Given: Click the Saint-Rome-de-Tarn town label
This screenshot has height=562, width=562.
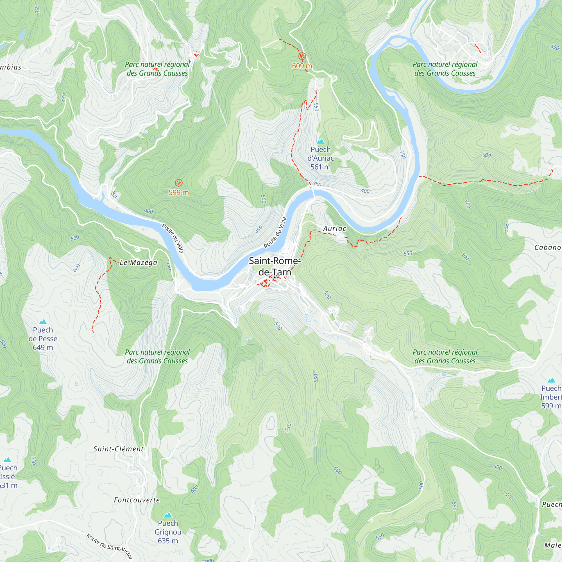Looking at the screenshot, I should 275,266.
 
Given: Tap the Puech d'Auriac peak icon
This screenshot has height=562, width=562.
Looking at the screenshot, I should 321,141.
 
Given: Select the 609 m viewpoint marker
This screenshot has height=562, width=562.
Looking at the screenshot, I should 302,56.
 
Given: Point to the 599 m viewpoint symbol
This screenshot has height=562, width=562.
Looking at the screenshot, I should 179,183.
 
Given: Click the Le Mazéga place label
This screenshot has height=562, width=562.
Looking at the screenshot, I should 139,263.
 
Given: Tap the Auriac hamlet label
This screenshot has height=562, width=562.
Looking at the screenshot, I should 334,229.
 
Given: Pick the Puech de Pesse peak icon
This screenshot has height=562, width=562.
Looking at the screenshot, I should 43,322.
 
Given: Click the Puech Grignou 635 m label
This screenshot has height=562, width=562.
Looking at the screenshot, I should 168,532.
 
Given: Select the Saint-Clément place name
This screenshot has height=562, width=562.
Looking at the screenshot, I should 118,449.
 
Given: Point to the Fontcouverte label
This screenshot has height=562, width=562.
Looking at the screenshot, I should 137,500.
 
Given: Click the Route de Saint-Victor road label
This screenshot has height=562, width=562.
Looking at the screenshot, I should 110,546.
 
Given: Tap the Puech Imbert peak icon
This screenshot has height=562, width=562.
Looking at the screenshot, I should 551,380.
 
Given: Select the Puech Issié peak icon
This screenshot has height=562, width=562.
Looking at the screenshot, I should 7,460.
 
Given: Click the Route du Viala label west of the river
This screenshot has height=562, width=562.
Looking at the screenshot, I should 173,238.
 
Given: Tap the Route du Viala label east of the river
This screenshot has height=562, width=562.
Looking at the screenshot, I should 275,233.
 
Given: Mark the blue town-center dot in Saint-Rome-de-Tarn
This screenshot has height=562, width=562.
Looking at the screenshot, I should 275,277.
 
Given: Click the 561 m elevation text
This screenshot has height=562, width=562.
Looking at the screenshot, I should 320,167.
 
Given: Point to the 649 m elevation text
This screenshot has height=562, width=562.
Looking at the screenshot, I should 43,347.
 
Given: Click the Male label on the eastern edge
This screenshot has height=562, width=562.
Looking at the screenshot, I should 552,545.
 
